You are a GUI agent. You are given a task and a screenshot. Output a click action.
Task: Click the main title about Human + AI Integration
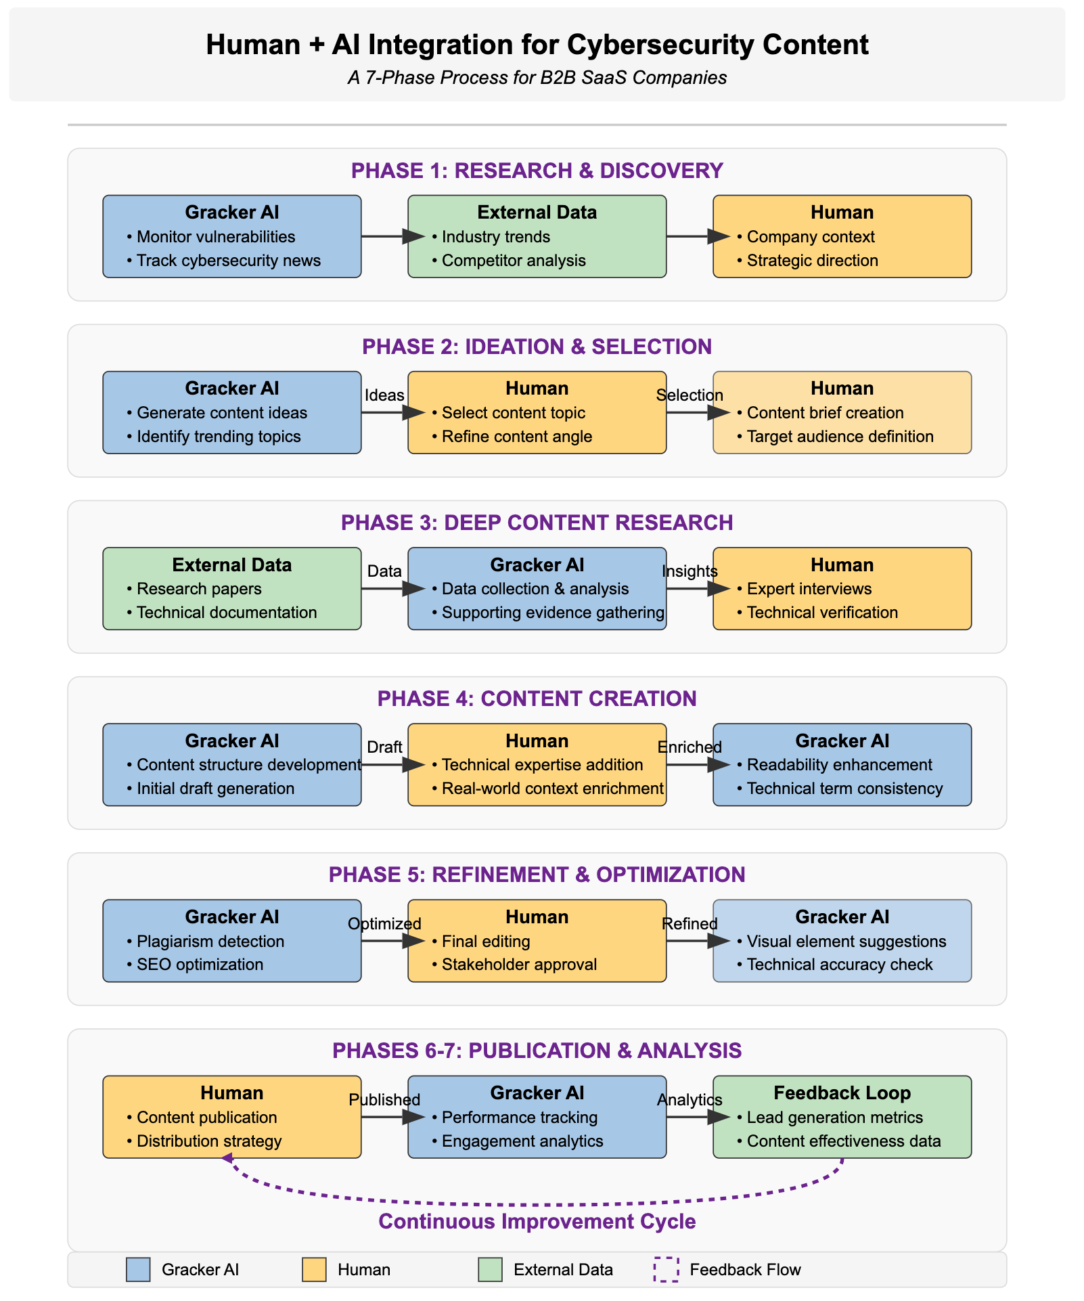(x=537, y=45)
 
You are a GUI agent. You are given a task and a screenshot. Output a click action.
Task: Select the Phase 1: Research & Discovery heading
(x=537, y=171)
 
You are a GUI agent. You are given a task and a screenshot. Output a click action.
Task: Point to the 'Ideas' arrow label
(x=384, y=395)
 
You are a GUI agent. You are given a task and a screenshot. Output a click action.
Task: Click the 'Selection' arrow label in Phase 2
(x=690, y=395)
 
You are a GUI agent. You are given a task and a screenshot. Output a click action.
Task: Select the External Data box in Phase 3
(x=232, y=589)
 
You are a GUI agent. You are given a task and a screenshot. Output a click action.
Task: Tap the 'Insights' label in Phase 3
(x=690, y=571)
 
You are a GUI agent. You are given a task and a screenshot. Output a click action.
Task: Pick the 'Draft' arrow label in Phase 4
(x=384, y=747)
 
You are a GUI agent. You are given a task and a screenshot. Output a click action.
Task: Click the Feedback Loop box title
(x=842, y=1093)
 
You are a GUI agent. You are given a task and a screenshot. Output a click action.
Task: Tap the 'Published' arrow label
(x=384, y=1100)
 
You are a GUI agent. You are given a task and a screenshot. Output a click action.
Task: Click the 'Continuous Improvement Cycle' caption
(x=537, y=1221)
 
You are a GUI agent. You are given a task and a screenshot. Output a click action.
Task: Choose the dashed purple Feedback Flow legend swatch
(x=666, y=1270)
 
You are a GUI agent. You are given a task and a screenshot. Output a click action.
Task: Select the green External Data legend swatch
(x=490, y=1270)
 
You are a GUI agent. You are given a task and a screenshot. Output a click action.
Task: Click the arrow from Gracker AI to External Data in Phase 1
(x=393, y=236)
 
